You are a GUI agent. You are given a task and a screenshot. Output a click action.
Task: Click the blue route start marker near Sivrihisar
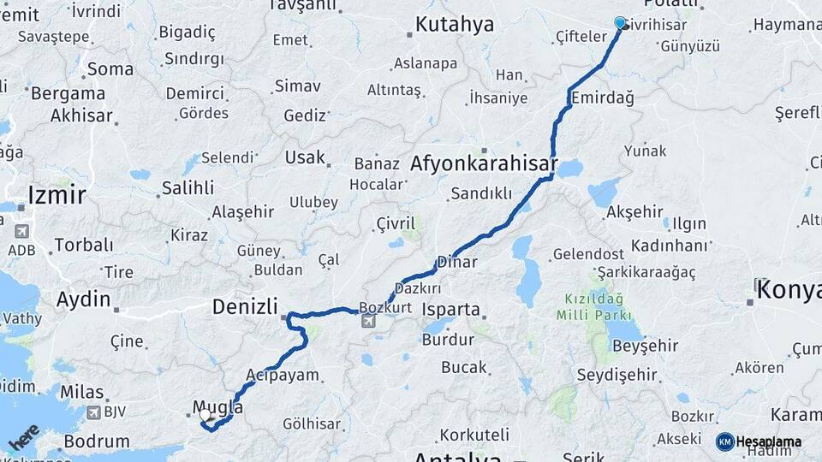coord(620,23)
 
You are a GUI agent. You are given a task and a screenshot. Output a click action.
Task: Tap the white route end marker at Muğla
coord(205,415)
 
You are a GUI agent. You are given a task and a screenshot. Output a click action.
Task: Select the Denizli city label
coord(245,305)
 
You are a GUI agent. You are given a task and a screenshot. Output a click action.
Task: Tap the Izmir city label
coord(57,195)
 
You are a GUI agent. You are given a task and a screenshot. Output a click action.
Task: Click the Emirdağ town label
coord(602,98)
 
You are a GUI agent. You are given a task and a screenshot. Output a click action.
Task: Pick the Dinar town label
coord(456,262)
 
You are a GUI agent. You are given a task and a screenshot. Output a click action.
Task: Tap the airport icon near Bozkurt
coord(368,322)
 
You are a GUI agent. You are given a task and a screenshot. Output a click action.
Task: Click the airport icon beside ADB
coord(21,231)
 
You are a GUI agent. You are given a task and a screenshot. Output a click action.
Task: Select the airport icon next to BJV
coord(93,413)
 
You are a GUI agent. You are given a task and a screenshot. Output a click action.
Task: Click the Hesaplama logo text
coord(768,441)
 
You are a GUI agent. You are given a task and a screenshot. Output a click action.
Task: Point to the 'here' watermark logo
coord(24,437)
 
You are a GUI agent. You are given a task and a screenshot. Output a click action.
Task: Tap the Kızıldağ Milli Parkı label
coord(591,307)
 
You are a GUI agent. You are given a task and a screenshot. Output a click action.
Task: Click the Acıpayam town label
coord(282,375)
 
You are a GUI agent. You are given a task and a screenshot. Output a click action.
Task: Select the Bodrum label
coord(97,441)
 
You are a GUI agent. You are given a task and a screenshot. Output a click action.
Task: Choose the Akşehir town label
coord(634,212)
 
